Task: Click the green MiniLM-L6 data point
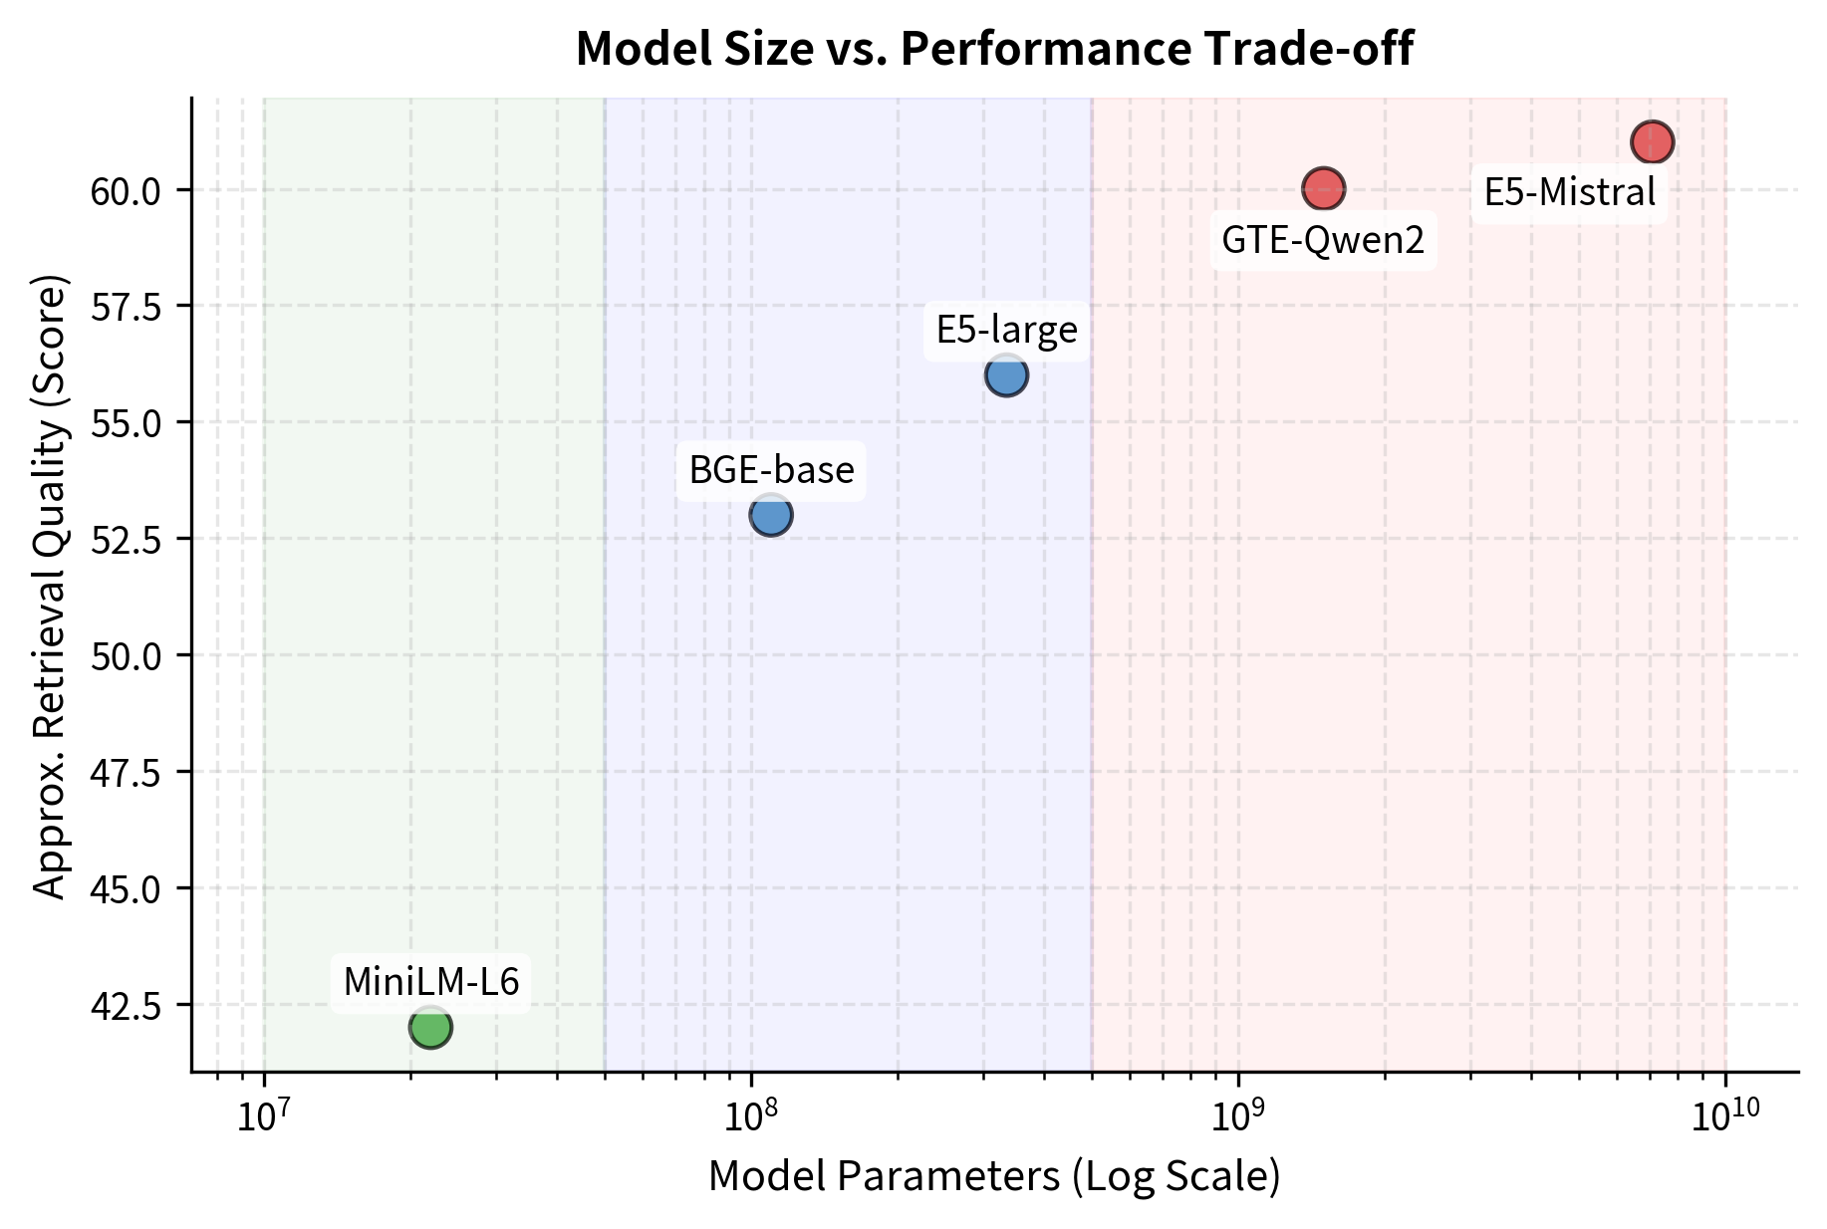(x=430, y=1027)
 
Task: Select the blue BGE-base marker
(x=771, y=515)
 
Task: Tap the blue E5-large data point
(x=1006, y=375)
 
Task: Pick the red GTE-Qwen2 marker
(x=1323, y=187)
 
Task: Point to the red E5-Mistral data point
(x=1652, y=141)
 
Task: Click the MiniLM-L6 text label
(x=431, y=982)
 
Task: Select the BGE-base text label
(x=772, y=470)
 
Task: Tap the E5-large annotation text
(x=1006, y=330)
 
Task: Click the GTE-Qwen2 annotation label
(x=1323, y=240)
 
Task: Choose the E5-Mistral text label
(x=1569, y=192)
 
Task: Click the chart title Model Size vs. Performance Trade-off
(x=994, y=50)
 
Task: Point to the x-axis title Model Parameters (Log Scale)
(x=994, y=1176)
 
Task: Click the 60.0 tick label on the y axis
(x=126, y=190)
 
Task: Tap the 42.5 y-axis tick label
(x=126, y=1005)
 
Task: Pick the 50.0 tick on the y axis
(x=126, y=655)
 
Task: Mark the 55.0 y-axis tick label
(x=126, y=423)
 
